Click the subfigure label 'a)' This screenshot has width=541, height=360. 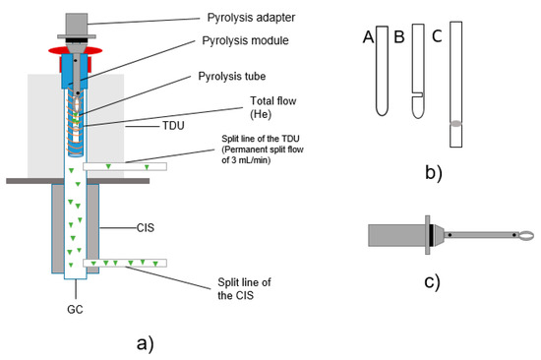143,342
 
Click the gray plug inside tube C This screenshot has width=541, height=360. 454,123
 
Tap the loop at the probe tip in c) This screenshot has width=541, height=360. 528,235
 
